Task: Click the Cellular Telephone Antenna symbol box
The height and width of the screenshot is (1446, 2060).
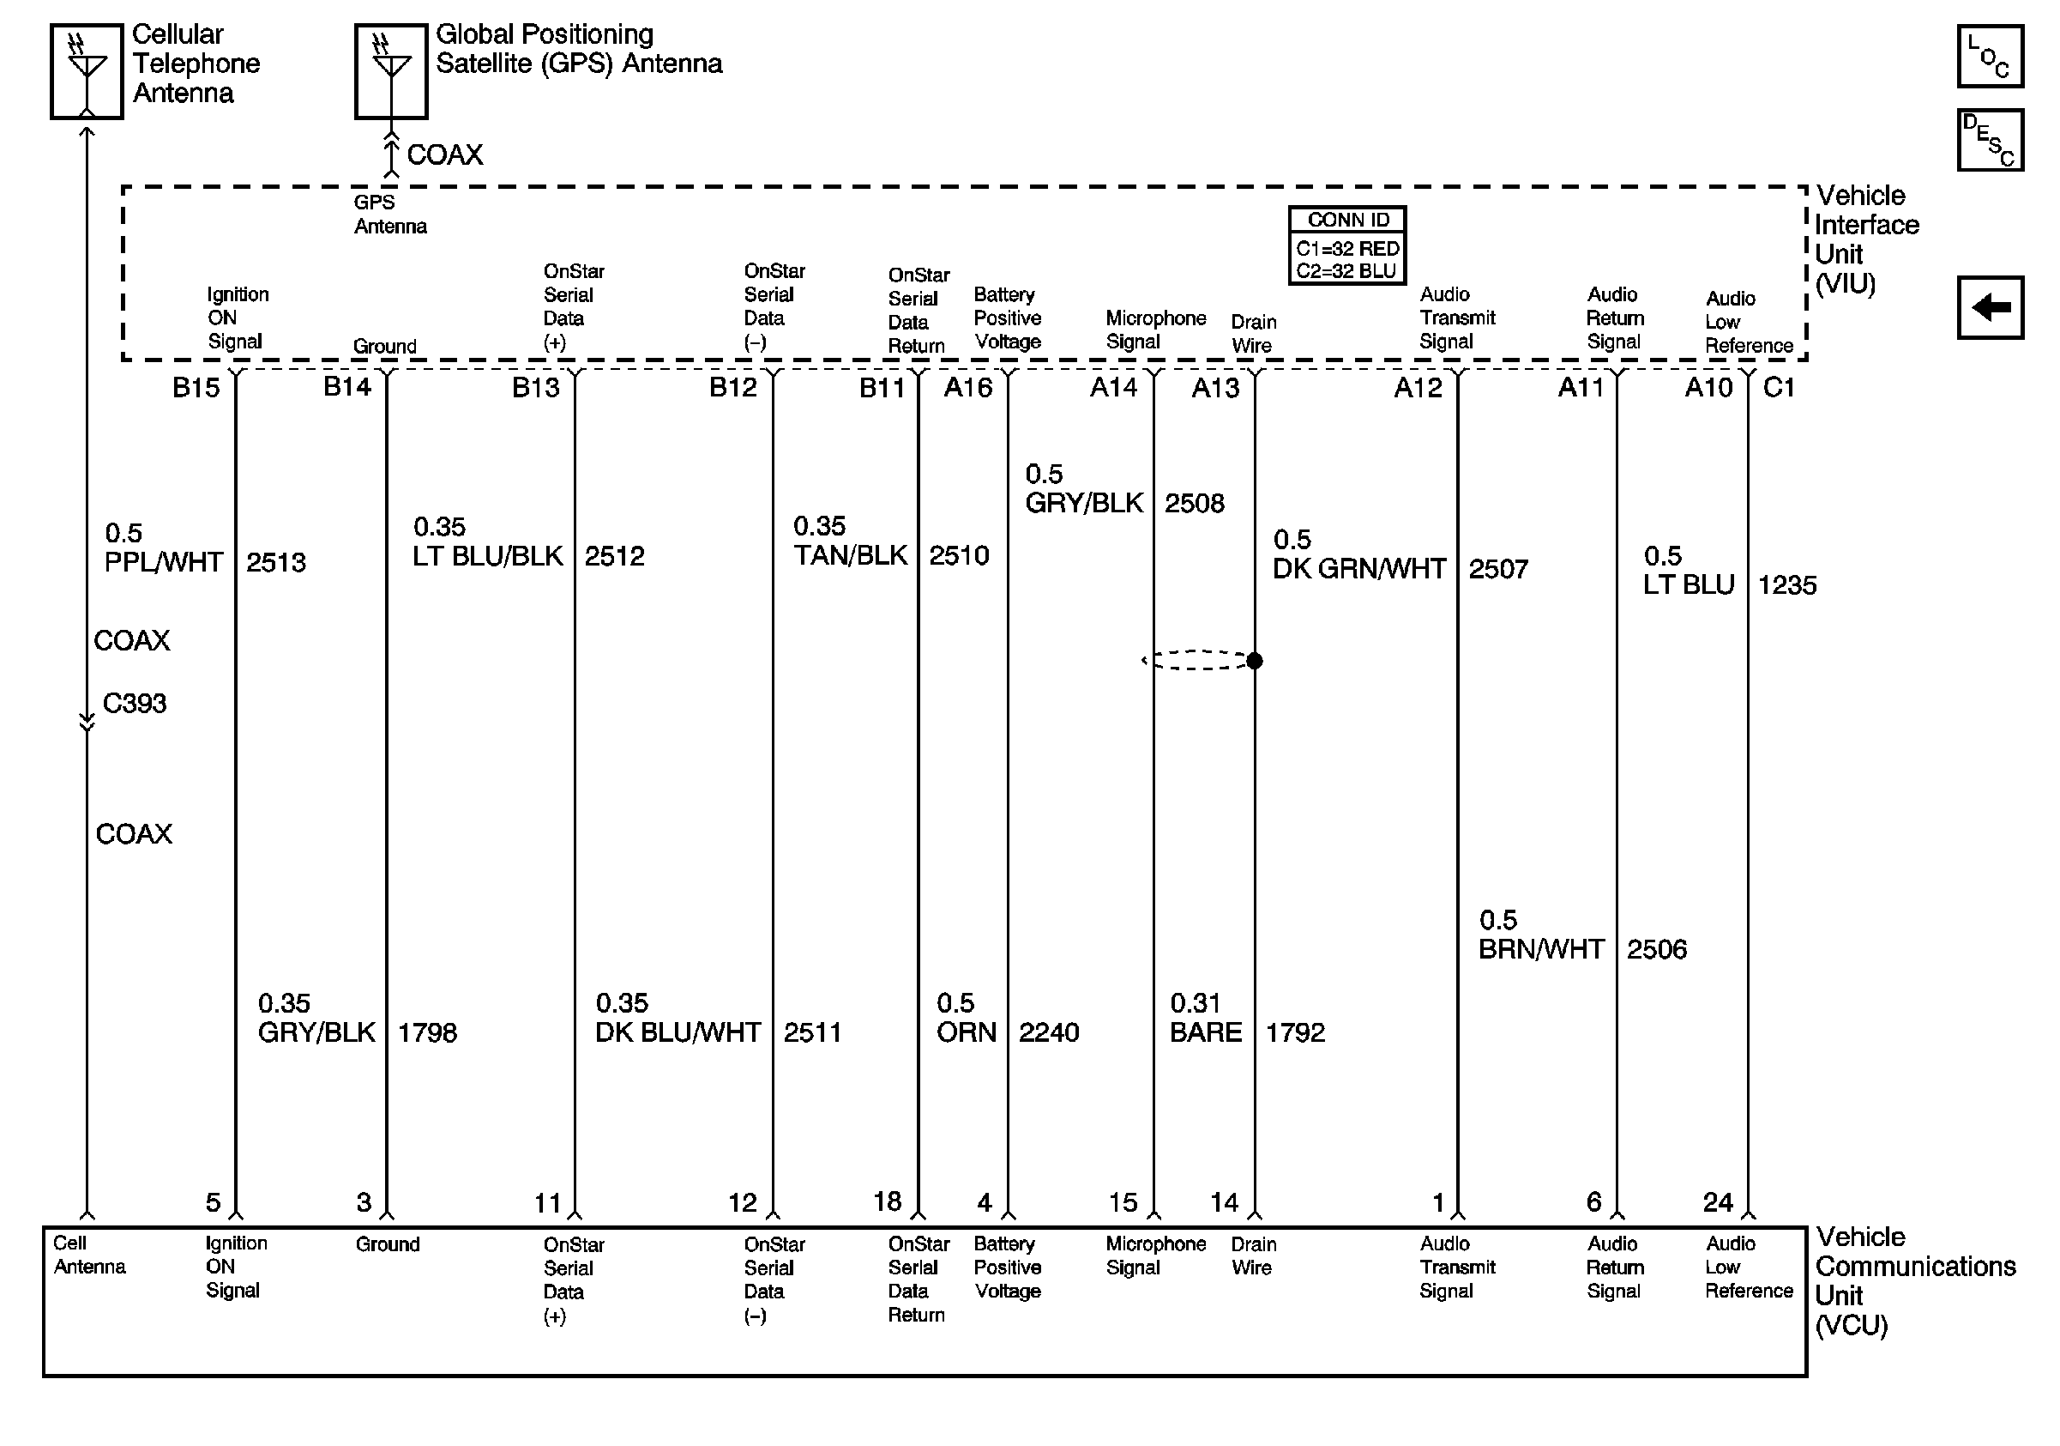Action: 86,72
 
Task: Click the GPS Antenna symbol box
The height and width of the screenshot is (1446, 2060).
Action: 391,72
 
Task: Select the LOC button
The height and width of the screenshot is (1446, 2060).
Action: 1989,57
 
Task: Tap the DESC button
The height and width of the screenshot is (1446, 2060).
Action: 1989,140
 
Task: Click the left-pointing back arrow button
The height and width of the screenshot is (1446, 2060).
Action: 1989,308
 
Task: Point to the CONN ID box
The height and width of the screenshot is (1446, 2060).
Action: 1346,245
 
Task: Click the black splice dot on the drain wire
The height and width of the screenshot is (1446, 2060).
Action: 1255,661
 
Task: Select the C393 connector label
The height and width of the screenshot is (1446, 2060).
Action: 135,703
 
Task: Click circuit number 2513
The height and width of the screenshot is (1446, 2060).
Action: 276,563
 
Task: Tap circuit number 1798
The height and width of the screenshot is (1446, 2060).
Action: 427,1033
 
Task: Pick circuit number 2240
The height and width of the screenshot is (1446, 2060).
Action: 1049,1033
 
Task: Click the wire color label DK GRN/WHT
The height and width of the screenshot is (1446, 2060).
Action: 1359,569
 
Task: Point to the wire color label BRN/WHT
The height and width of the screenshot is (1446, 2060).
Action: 1540,950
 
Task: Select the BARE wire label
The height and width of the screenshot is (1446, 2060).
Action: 1205,1033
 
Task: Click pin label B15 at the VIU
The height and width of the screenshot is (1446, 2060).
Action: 196,388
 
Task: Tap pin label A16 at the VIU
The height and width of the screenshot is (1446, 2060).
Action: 968,388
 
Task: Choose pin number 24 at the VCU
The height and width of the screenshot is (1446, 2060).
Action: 1717,1203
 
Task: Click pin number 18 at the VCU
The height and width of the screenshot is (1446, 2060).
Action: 888,1202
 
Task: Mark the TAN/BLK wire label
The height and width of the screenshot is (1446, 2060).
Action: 851,555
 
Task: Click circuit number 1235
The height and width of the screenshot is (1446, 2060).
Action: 1786,585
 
